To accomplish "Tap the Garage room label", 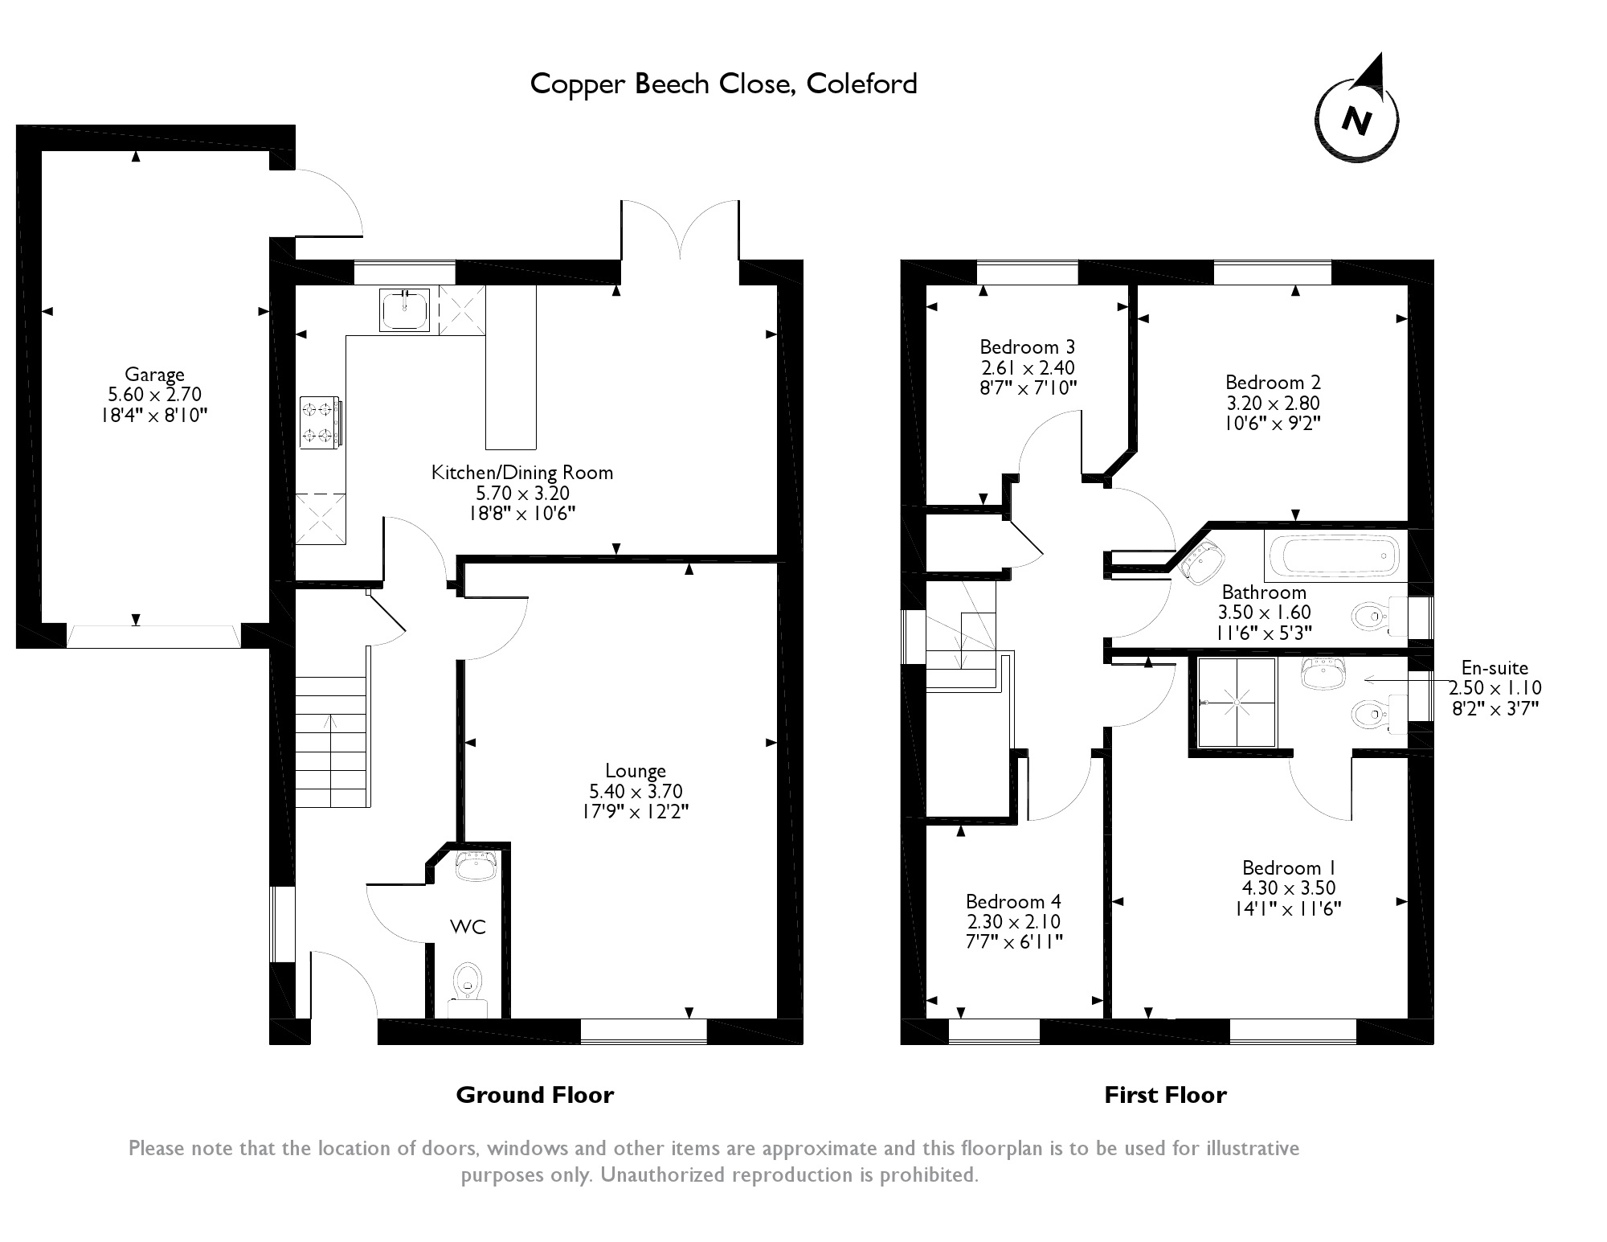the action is (x=154, y=375).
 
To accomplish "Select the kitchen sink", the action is (x=405, y=309).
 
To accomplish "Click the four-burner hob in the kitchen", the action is (x=320, y=422).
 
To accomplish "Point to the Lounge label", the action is (x=636, y=771).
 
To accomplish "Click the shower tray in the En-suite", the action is (x=1237, y=701).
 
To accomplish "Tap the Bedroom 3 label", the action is (x=1027, y=347).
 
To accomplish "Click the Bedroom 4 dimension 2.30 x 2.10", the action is (x=1013, y=922).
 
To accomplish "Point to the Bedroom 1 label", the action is (x=1288, y=868).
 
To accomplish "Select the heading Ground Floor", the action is (x=534, y=1095).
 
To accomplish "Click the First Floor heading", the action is (x=1165, y=1095).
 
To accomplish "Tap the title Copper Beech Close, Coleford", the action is (x=723, y=84).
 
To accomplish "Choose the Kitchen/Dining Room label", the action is (x=522, y=473).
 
